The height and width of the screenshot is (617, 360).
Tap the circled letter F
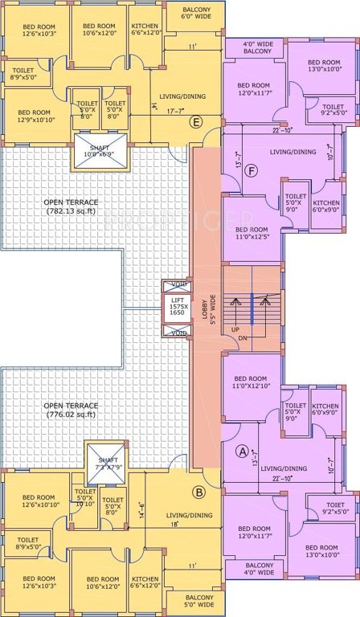pyautogui.click(x=231, y=171)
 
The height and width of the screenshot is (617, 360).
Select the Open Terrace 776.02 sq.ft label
pyautogui.click(x=71, y=410)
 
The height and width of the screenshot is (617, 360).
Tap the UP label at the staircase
pyautogui.click(x=235, y=329)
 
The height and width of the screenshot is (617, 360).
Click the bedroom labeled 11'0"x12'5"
pyautogui.click(x=250, y=234)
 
